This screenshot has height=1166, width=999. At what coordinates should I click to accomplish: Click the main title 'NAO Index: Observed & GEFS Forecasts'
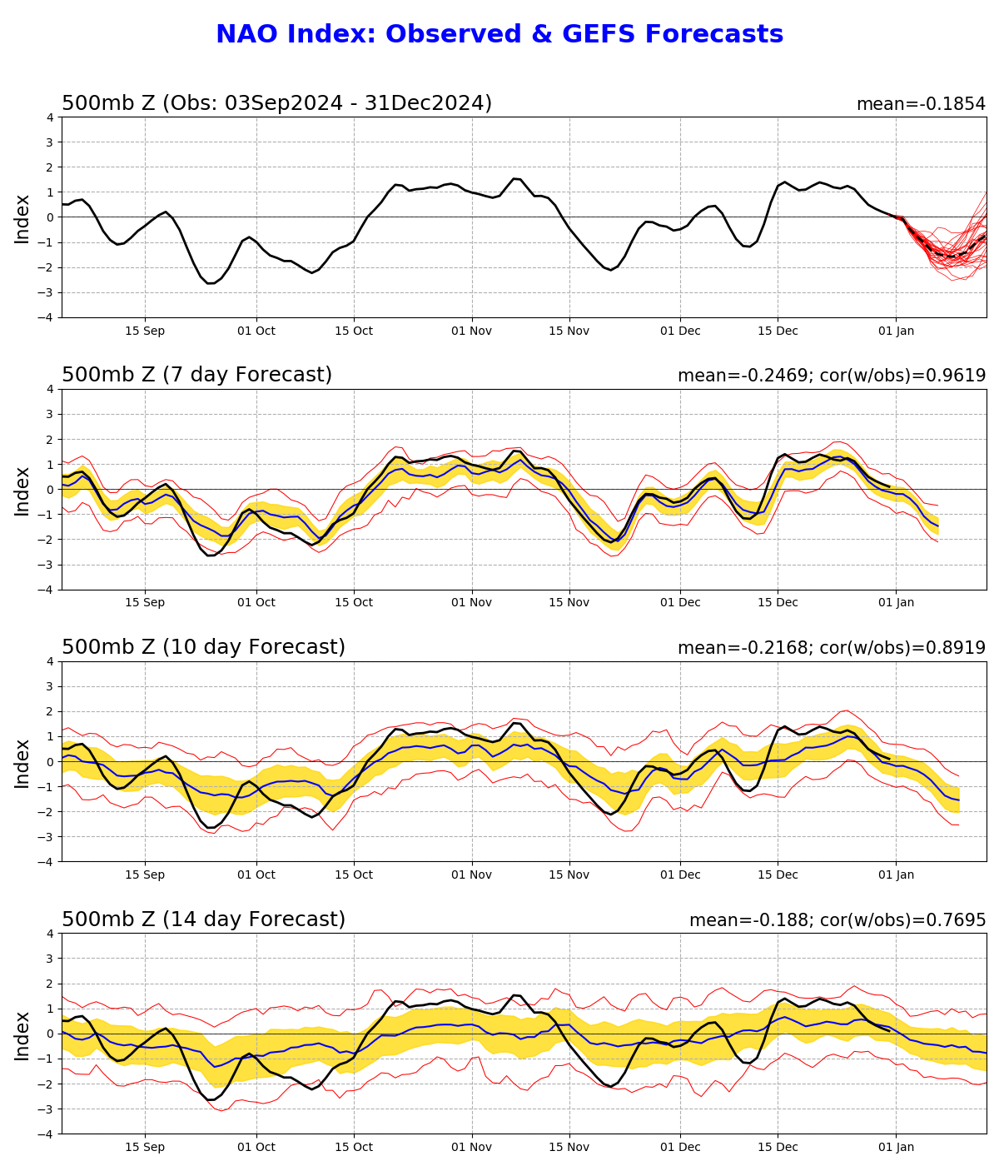tap(499, 35)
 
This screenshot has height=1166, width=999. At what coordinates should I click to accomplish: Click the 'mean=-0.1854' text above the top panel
tap(921, 104)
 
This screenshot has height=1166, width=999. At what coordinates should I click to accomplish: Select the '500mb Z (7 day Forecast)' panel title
tap(196, 375)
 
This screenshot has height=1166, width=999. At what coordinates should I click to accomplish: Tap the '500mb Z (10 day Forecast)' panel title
tap(203, 647)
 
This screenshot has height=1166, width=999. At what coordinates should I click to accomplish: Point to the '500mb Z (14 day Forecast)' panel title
tap(203, 919)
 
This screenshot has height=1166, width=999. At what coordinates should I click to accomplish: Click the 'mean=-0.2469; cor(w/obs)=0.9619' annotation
tap(831, 376)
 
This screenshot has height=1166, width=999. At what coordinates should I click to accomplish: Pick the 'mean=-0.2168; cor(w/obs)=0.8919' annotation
tap(831, 648)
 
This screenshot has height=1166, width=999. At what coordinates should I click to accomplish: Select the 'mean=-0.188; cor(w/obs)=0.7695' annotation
tap(837, 920)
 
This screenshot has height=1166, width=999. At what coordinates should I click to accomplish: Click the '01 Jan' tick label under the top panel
tap(896, 331)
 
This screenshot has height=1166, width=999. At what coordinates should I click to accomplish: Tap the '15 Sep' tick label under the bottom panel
tap(145, 1148)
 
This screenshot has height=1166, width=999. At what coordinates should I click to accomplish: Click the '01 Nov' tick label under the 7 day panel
tap(471, 603)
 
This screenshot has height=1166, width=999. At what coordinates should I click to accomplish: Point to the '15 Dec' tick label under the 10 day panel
tap(778, 875)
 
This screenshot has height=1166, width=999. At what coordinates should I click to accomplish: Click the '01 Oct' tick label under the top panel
tap(256, 331)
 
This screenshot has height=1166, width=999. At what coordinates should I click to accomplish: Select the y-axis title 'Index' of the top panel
tap(22, 218)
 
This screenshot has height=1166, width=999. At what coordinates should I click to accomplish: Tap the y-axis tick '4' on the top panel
tap(51, 117)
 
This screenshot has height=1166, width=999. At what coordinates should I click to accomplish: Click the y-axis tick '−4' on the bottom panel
tap(47, 1134)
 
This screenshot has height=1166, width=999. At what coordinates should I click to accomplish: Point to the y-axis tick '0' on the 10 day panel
tap(51, 762)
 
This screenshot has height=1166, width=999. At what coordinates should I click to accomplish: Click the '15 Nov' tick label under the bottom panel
tap(569, 1148)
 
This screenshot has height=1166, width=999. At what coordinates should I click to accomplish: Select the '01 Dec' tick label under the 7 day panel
tap(679, 603)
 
